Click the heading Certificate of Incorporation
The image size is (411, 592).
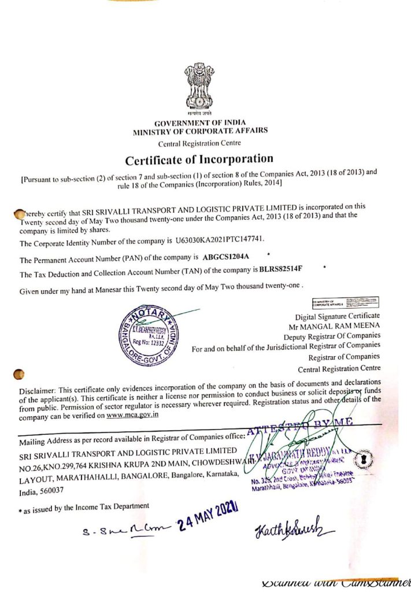point(199,158)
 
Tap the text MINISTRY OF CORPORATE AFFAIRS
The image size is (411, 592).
point(200,131)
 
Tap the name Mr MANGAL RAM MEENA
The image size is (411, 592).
point(345,326)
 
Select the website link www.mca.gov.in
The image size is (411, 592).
point(132,415)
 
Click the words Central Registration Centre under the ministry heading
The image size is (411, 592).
point(199,143)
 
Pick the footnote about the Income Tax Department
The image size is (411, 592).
point(82,507)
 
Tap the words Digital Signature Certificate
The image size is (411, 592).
point(337,316)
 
